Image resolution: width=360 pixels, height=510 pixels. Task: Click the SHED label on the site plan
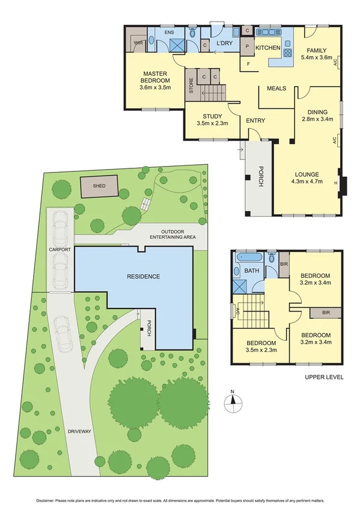tap(99, 186)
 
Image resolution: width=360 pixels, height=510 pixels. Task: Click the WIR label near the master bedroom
tap(138, 43)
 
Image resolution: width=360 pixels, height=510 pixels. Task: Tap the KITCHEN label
tap(268, 47)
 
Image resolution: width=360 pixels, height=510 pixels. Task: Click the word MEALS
tap(276, 88)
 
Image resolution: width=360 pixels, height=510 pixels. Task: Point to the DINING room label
tap(317, 112)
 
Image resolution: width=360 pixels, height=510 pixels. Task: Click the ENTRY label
tap(255, 121)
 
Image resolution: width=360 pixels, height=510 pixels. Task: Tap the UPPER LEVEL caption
tap(325, 377)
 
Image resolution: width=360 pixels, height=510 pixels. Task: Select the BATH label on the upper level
tap(252, 271)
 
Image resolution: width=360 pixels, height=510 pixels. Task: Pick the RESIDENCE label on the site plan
tap(143, 277)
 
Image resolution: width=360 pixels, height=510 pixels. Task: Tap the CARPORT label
tap(60, 249)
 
